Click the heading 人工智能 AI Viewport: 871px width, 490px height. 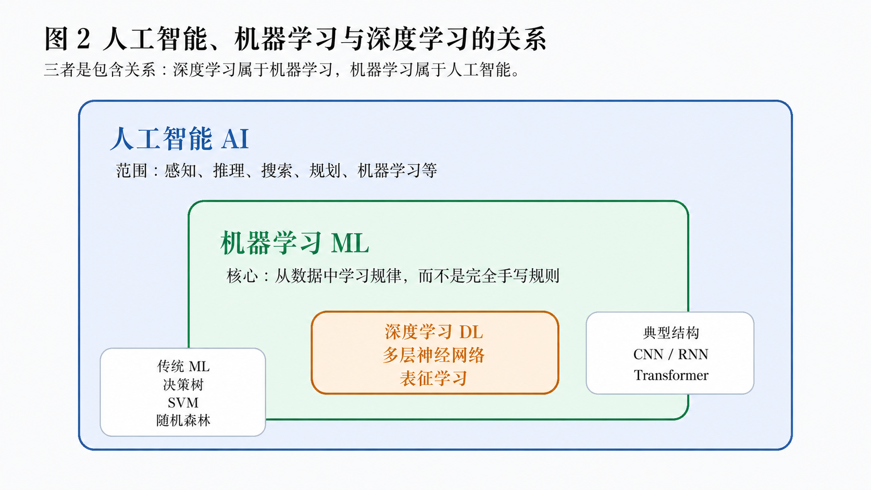click(x=180, y=139)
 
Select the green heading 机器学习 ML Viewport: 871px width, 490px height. click(x=294, y=243)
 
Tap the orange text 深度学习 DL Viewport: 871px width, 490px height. click(x=434, y=332)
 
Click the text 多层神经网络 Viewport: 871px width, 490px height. click(x=434, y=355)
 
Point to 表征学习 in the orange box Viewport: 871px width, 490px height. click(x=434, y=378)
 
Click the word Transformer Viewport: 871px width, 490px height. click(x=671, y=375)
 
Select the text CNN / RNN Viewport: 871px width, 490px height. click(x=671, y=355)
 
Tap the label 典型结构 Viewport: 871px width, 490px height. click(x=671, y=333)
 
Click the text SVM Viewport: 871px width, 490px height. click(x=183, y=403)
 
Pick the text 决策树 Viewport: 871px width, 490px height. click(x=183, y=385)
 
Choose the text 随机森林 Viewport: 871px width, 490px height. click(x=183, y=420)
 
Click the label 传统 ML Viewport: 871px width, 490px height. click(x=183, y=367)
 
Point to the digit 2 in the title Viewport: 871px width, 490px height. click(x=83, y=39)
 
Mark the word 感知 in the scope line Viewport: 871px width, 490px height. click(x=180, y=171)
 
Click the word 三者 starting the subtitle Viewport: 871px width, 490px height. click(x=59, y=70)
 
